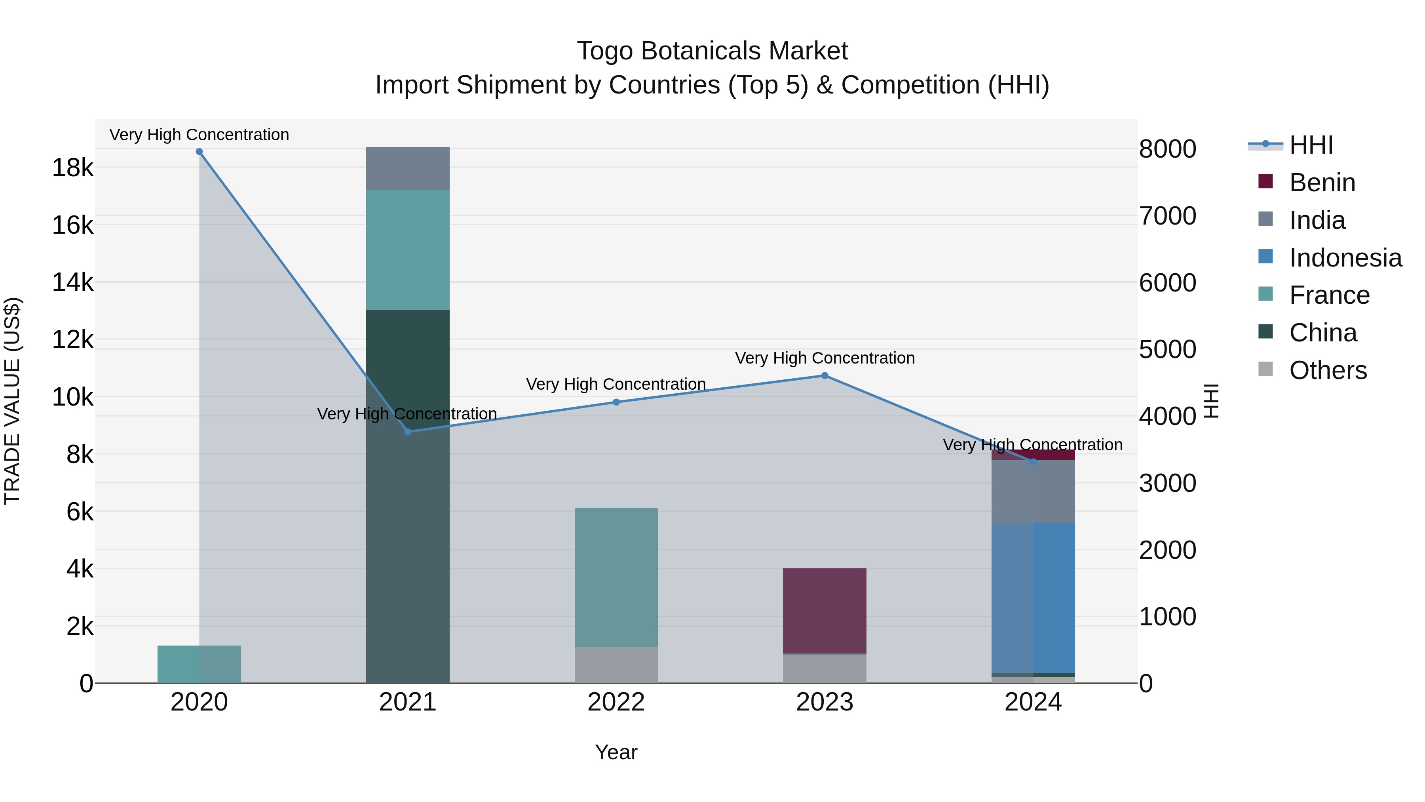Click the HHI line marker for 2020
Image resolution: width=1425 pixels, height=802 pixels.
click(199, 152)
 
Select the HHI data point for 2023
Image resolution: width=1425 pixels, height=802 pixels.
click(824, 376)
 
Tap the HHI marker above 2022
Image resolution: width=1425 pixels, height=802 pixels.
click(616, 402)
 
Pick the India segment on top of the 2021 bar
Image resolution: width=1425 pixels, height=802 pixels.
click(408, 168)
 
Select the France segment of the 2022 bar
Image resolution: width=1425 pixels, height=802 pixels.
click(616, 577)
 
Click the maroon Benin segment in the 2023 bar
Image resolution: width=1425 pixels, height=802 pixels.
click(824, 610)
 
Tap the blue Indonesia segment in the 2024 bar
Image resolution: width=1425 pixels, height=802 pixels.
click(1033, 597)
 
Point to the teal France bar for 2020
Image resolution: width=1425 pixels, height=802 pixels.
click(199, 664)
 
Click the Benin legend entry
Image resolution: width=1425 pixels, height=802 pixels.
click(1322, 183)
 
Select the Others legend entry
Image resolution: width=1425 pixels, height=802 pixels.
click(1328, 370)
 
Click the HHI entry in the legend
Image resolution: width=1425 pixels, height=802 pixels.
click(1311, 145)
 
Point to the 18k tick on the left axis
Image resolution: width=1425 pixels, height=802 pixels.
click(72, 168)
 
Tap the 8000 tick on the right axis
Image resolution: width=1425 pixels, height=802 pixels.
click(1167, 149)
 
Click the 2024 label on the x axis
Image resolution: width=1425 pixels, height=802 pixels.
click(1033, 702)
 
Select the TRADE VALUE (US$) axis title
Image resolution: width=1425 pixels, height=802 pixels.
click(12, 401)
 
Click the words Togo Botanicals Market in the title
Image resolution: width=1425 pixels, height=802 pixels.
click(712, 51)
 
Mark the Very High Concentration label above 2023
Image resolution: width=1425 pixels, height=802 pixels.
click(824, 358)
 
